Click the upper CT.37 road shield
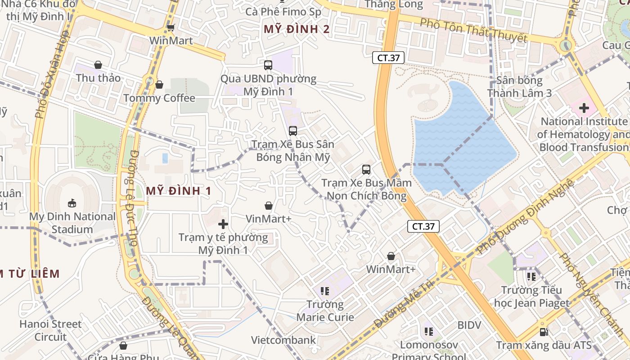click(x=388, y=58)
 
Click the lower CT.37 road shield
click(x=423, y=226)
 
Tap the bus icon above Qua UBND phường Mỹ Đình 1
click(x=268, y=65)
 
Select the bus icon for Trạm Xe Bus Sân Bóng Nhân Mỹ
click(x=293, y=131)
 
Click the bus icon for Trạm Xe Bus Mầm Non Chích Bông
click(x=366, y=170)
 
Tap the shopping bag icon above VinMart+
click(x=269, y=206)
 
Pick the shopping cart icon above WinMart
click(x=171, y=27)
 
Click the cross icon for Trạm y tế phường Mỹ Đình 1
click(x=223, y=224)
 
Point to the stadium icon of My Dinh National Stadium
click(x=72, y=203)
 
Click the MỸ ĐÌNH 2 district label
click(x=297, y=30)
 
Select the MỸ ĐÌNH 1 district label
click(x=179, y=191)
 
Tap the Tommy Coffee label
click(x=159, y=98)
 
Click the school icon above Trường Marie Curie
click(x=325, y=292)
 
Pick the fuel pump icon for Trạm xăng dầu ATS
click(x=544, y=333)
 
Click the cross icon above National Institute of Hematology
click(x=584, y=108)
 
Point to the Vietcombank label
click(x=283, y=340)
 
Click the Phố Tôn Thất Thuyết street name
click(x=473, y=30)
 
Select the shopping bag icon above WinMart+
click(x=391, y=256)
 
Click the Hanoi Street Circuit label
click(x=50, y=330)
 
